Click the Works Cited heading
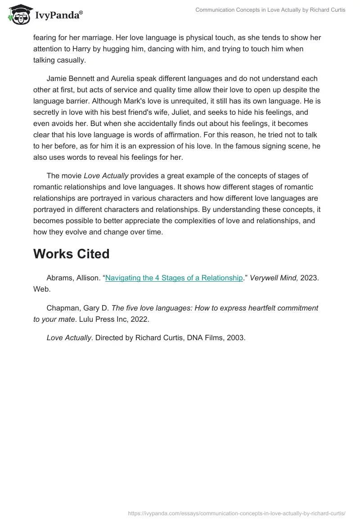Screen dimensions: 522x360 pyautogui.click(x=71, y=254)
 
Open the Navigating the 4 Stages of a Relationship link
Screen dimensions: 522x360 pyautogui.click(x=174, y=278)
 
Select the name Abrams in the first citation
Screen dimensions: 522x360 pyautogui.click(x=60, y=278)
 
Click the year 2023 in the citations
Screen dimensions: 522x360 pyautogui.click(x=309, y=278)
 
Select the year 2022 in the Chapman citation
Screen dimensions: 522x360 pyautogui.click(x=140, y=320)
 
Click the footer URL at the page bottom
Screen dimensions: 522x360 pyautogui.click(x=237, y=513)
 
